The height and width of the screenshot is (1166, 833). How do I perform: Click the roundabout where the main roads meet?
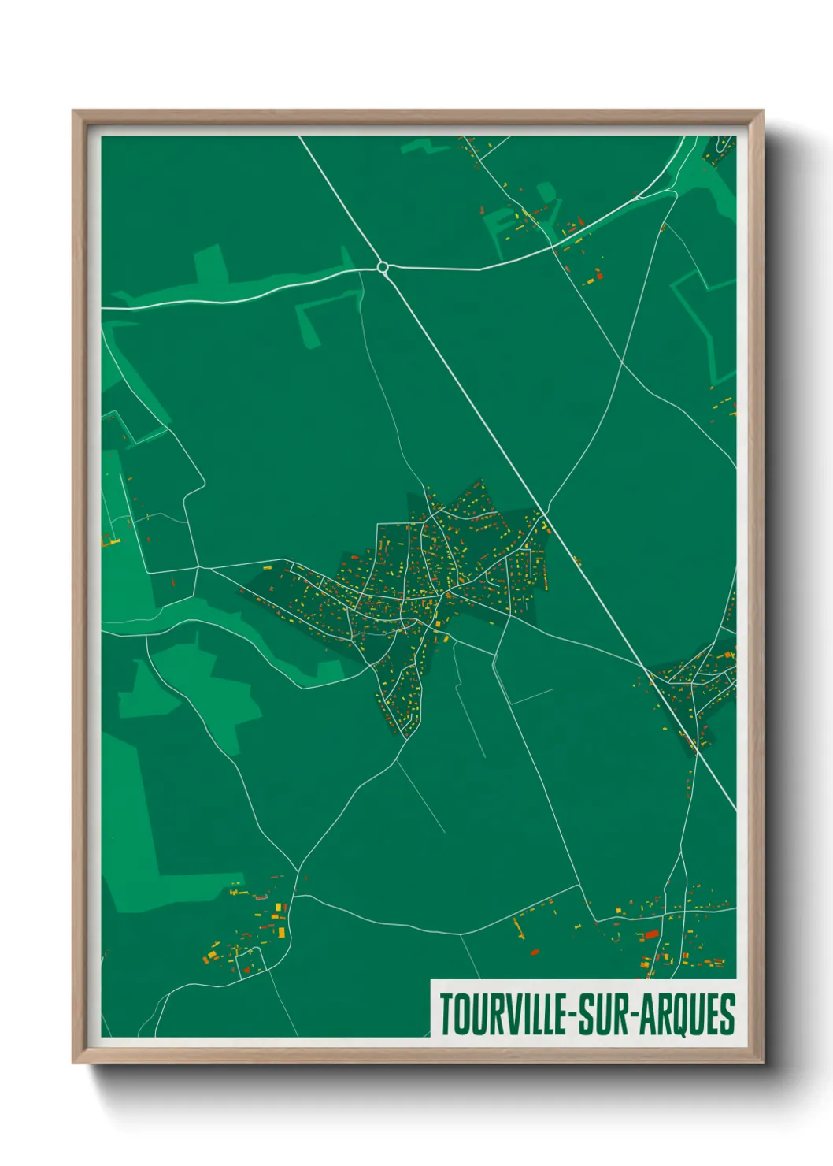(x=383, y=268)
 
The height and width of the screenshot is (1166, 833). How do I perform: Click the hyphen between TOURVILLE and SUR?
(x=572, y=1015)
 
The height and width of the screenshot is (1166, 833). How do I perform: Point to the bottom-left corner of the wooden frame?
(x=74, y=1062)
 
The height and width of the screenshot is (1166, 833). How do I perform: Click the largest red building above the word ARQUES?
(x=651, y=934)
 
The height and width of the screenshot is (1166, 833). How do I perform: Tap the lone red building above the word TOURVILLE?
(x=535, y=952)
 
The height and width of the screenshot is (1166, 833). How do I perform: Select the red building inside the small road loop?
(x=246, y=969)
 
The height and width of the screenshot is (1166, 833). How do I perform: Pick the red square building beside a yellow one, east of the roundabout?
(x=598, y=275)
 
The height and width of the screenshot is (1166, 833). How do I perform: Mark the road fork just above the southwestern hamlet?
(x=297, y=871)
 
